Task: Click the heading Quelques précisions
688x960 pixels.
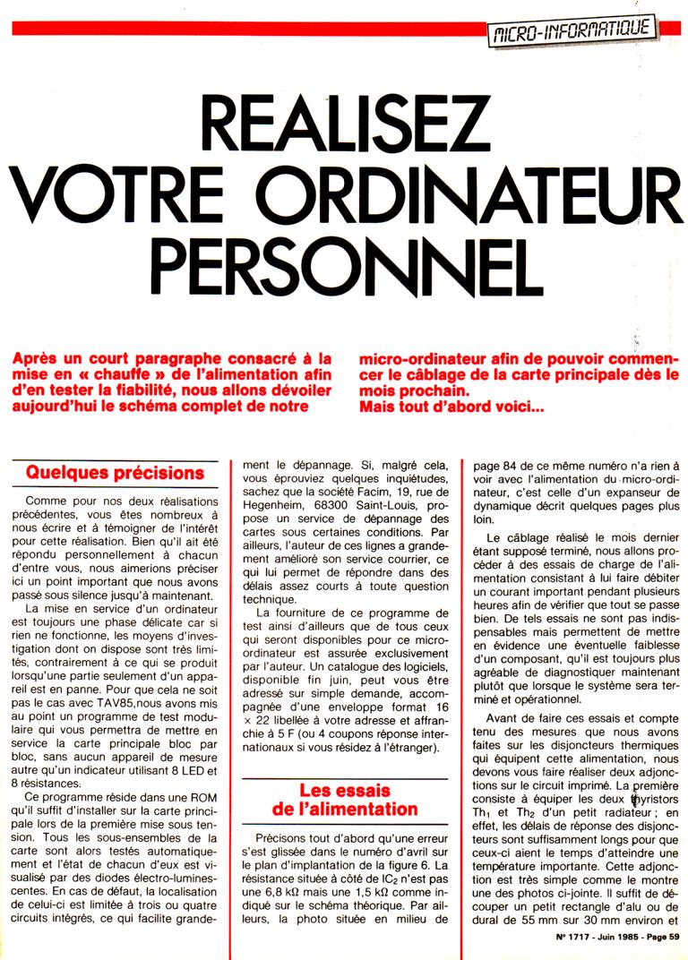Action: point(115,472)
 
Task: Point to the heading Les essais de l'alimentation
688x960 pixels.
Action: point(346,800)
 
